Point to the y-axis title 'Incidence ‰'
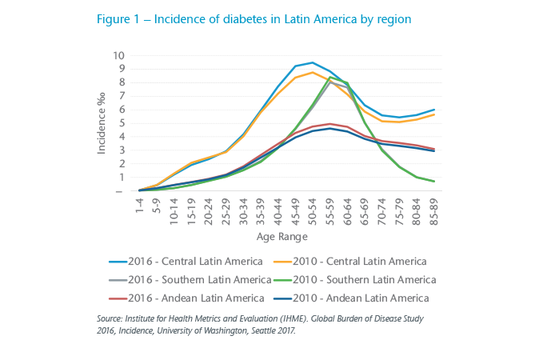pos(102,123)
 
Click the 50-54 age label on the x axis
pos(313,210)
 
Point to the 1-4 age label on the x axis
pos(141,207)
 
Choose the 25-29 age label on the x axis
pos(226,210)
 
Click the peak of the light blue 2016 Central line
pos(312,62)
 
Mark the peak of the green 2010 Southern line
pos(330,77)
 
